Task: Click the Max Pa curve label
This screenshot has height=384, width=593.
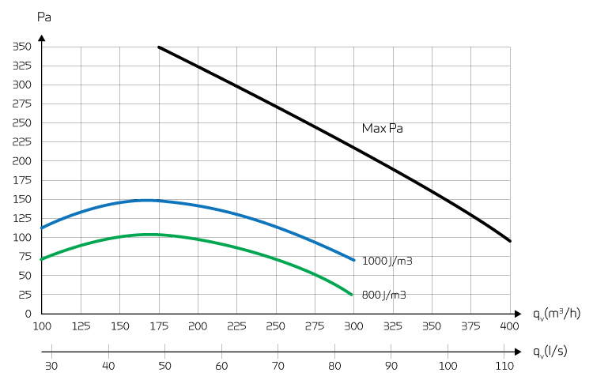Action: point(383,128)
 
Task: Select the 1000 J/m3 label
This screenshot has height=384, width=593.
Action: point(387,260)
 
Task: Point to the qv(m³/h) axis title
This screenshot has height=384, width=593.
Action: point(557,314)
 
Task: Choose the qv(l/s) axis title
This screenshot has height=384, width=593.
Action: point(550,352)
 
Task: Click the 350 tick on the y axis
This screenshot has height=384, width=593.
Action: point(21,47)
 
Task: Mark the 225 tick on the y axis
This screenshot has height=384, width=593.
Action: point(21,142)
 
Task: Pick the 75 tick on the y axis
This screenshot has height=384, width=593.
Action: point(24,257)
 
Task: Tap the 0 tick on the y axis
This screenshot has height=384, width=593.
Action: point(28,314)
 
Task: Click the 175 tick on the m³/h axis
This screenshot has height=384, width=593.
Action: point(158,326)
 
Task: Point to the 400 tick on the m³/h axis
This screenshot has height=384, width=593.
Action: point(510,326)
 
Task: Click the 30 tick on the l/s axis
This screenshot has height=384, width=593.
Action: point(52,366)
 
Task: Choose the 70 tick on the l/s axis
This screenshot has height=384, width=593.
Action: point(278,366)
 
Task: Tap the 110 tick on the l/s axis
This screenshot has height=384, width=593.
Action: point(504,366)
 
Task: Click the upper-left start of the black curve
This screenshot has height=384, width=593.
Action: point(159,47)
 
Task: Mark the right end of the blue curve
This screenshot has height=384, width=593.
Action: point(353,259)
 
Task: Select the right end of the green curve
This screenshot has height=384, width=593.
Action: point(351,294)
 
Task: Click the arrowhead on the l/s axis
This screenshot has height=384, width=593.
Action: point(517,351)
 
